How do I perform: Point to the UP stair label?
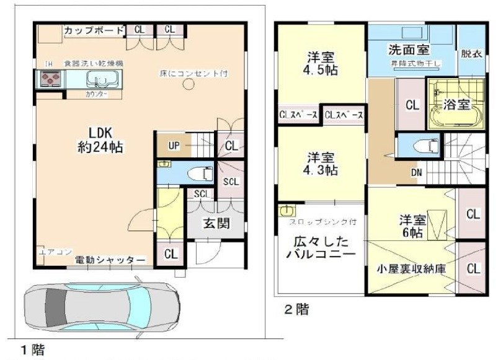point(174,146)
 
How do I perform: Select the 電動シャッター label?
point(110,260)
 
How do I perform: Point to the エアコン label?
point(50,251)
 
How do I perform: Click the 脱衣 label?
point(470,53)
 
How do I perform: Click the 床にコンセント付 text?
point(194,73)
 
